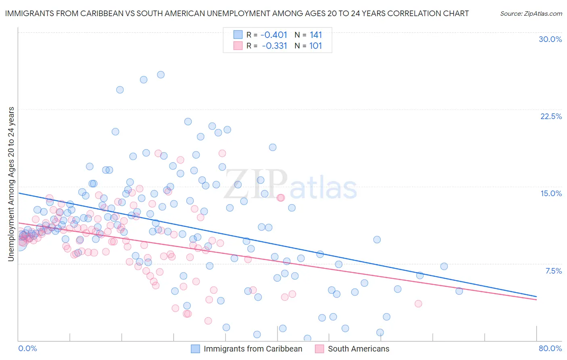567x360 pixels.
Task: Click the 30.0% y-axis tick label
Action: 550,40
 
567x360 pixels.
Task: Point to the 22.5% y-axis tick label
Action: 551,116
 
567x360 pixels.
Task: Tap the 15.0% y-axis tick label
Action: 551,193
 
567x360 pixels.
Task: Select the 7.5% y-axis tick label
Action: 553,271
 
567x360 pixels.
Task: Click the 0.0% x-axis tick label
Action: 28,348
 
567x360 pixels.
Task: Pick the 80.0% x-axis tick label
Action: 550,348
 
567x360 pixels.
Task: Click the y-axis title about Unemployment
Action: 11,184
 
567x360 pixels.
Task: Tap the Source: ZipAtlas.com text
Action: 531,13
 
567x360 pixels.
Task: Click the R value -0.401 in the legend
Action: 274,35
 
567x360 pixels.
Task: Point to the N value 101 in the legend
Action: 315,46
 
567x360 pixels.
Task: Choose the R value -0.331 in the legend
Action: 274,46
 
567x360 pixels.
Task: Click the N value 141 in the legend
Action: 316,35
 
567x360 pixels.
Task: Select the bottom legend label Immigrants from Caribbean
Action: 253,349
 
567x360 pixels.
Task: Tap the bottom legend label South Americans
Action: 359,349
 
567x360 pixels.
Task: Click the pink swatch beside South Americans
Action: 320,349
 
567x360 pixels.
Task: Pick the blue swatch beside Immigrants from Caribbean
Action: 196,349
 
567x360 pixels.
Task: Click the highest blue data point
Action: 161,75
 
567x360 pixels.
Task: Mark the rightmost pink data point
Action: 418,303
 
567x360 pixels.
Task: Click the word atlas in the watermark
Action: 323,188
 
